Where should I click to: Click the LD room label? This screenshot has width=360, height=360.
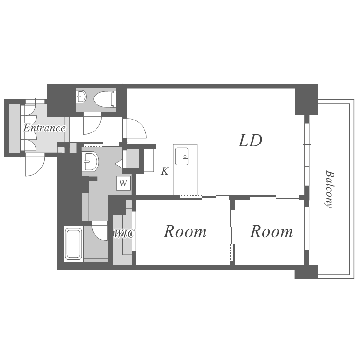[x=250, y=141]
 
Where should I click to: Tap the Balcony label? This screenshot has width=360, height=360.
[x=329, y=189]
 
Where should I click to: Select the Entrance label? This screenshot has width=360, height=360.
[x=45, y=128]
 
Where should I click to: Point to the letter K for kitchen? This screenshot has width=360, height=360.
[x=165, y=171]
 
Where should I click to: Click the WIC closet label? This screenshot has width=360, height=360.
[x=124, y=234]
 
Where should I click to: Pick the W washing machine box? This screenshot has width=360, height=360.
[x=123, y=183]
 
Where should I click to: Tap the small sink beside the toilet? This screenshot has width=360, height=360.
[x=81, y=96]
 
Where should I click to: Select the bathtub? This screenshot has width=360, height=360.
[x=73, y=243]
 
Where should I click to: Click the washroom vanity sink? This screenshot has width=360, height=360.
[x=90, y=161]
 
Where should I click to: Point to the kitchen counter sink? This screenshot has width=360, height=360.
[x=181, y=156]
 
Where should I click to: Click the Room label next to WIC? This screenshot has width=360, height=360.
[x=185, y=231]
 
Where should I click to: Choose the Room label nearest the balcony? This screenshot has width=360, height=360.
[x=271, y=231]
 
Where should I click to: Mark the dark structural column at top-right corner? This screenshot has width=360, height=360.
[x=306, y=99]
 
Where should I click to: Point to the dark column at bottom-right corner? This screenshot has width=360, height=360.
[x=306, y=272]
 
